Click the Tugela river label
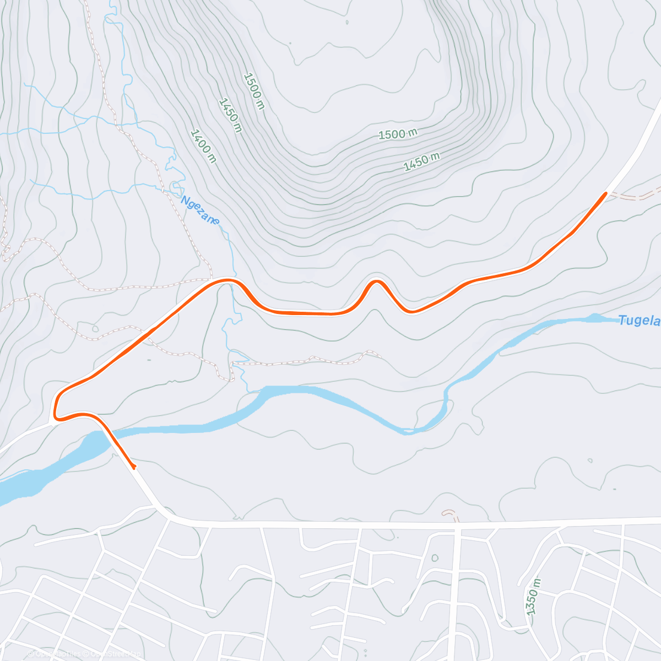point(639,321)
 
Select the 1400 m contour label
point(203,146)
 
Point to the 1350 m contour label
point(533,597)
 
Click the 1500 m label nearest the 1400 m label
point(254,91)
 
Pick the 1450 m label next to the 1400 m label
point(230,115)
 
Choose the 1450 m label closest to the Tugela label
point(421,161)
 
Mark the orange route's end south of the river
point(134,468)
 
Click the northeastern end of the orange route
point(605,193)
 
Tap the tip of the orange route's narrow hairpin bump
point(377,281)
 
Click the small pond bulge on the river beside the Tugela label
point(594,317)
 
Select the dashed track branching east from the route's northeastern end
point(636,196)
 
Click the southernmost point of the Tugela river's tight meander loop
point(408,432)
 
